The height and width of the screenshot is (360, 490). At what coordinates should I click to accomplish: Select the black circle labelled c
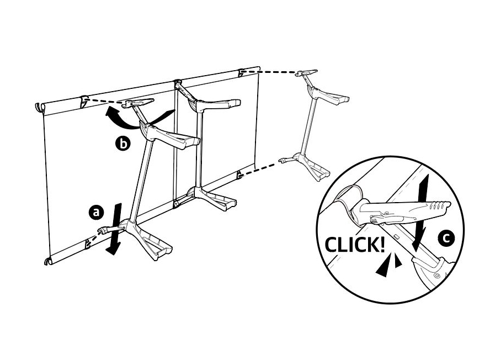[x=446, y=239]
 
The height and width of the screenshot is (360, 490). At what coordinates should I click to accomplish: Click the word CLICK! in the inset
[x=354, y=245]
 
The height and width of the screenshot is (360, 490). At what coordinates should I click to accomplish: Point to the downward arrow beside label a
[x=115, y=229]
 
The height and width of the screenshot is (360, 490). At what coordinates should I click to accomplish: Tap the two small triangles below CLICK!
[x=388, y=265]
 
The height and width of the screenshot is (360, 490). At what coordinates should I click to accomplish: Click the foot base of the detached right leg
[x=308, y=165]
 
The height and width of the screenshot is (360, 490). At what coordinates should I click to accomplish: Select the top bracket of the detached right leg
[x=307, y=73]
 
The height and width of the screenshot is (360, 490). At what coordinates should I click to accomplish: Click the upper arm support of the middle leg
[x=216, y=104]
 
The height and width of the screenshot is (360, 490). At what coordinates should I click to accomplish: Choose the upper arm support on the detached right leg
[x=328, y=96]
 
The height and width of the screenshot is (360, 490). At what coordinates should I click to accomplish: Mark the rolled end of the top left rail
[x=39, y=107]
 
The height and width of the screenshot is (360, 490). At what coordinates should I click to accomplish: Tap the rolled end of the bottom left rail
[x=48, y=260]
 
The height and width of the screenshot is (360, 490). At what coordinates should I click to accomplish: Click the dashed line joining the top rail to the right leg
[x=269, y=72]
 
